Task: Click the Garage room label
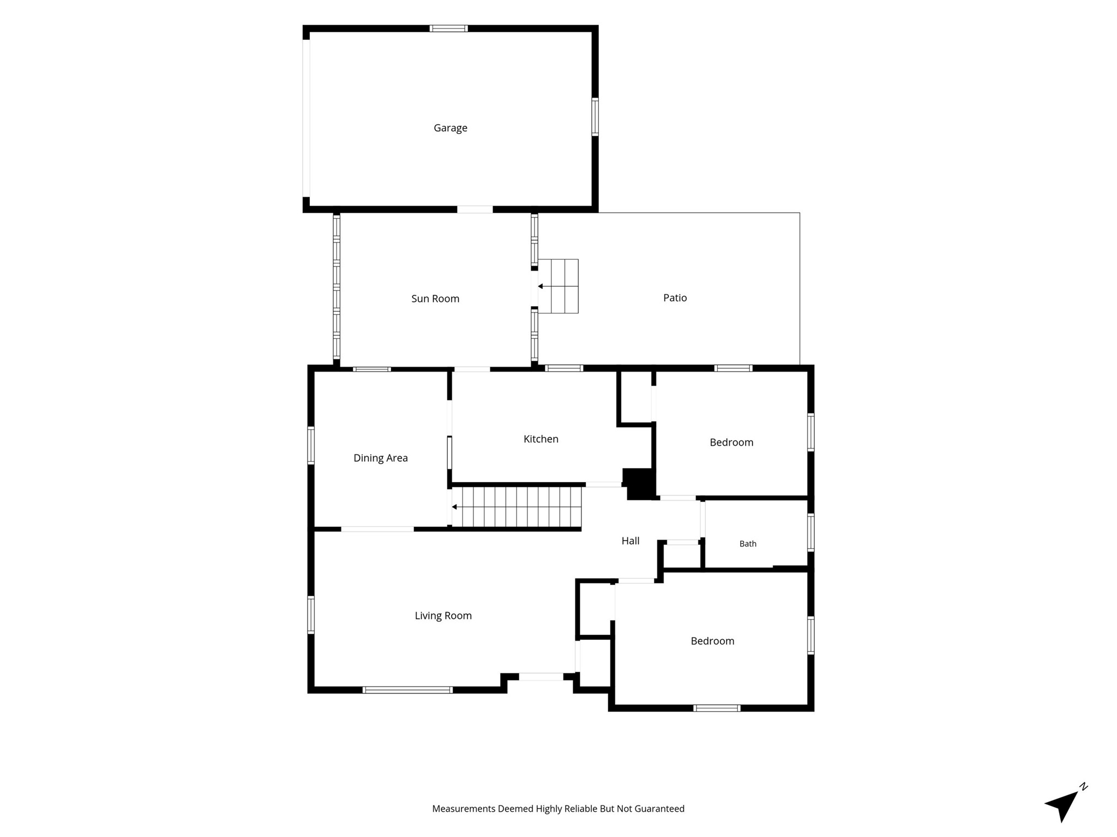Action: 451,128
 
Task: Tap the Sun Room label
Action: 435,299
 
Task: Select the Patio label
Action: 675,298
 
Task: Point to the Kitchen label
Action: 541,439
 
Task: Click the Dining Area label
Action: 381,458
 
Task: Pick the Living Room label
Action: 443,616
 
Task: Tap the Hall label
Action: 630,541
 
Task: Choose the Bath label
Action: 748,544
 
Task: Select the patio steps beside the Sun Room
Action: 558,286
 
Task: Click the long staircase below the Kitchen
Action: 516,507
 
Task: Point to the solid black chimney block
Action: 639,484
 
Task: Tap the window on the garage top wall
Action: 448,28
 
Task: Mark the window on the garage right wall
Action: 595,117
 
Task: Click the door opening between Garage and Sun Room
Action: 475,209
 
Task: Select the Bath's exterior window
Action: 811,532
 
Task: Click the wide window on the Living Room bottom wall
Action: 407,690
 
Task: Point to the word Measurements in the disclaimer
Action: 464,809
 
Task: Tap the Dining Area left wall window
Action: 311,445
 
